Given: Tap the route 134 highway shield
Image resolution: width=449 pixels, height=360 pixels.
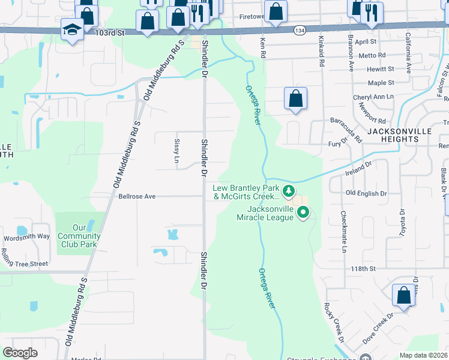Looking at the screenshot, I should pyautogui.click(x=298, y=29).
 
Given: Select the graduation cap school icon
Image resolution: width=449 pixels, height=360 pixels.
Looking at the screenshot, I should pyautogui.click(x=72, y=30).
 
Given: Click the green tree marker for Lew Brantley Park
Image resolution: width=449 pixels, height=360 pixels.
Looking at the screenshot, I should pyautogui.click(x=289, y=191).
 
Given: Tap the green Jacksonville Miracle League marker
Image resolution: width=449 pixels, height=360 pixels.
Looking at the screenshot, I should pyautogui.click(x=303, y=212).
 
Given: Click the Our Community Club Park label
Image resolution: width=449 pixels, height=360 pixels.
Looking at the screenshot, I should pyautogui.click(x=79, y=236).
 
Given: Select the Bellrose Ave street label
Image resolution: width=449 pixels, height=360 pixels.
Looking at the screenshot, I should pyautogui.click(x=137, y=196).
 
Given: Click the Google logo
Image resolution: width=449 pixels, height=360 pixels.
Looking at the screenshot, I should pyautogui.click(x=20, y=353).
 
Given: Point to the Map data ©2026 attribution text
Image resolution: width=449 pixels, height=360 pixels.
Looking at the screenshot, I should pyautogui.click(x=423, y=355).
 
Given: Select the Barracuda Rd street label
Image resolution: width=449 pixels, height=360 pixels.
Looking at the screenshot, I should pyautogui.click(x=346, y=130).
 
